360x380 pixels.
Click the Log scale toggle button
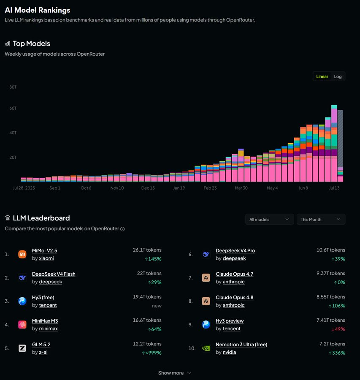pyautogui.click(x=338, y=76)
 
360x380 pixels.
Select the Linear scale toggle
pyautogui.click(x=322, y=76)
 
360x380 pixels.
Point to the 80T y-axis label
pyautogui.click(x=13, y=87)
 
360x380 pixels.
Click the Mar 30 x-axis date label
pyautogui.click(x=241, y=188)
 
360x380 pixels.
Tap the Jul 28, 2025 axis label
pyautogui.click(x=24, y=188)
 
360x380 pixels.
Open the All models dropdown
pyautogui.click(x=270, y=219)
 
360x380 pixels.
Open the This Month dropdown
pyautogui.click(x=321, y=219)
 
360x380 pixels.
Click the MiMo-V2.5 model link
pyautogui.click(x=45, y=250)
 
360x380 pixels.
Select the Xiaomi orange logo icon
pyautogui.click(x=22, y=254)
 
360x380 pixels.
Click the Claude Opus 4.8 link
pyautogui.click(x=235, y=297)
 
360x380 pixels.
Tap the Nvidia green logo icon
pyautogui.click(x=206, y=348)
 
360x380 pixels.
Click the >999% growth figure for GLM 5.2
pyautogui.click(x=152, y=353)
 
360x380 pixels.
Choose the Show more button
pyautogui.click(x=174, y=373)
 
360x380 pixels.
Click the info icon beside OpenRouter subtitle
pyautogui.click(x=122, y=229)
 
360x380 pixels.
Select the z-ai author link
pyautogui.click(x=43, y=352)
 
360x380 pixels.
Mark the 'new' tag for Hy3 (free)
pyautogui.click(x=157, y=306)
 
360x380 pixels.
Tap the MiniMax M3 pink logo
pyautogui.click(x=22, y=325)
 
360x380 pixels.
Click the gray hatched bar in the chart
pyautogui.click(x=340, y=138)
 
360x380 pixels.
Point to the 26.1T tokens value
pyautogui.click(x=147, y=250)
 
